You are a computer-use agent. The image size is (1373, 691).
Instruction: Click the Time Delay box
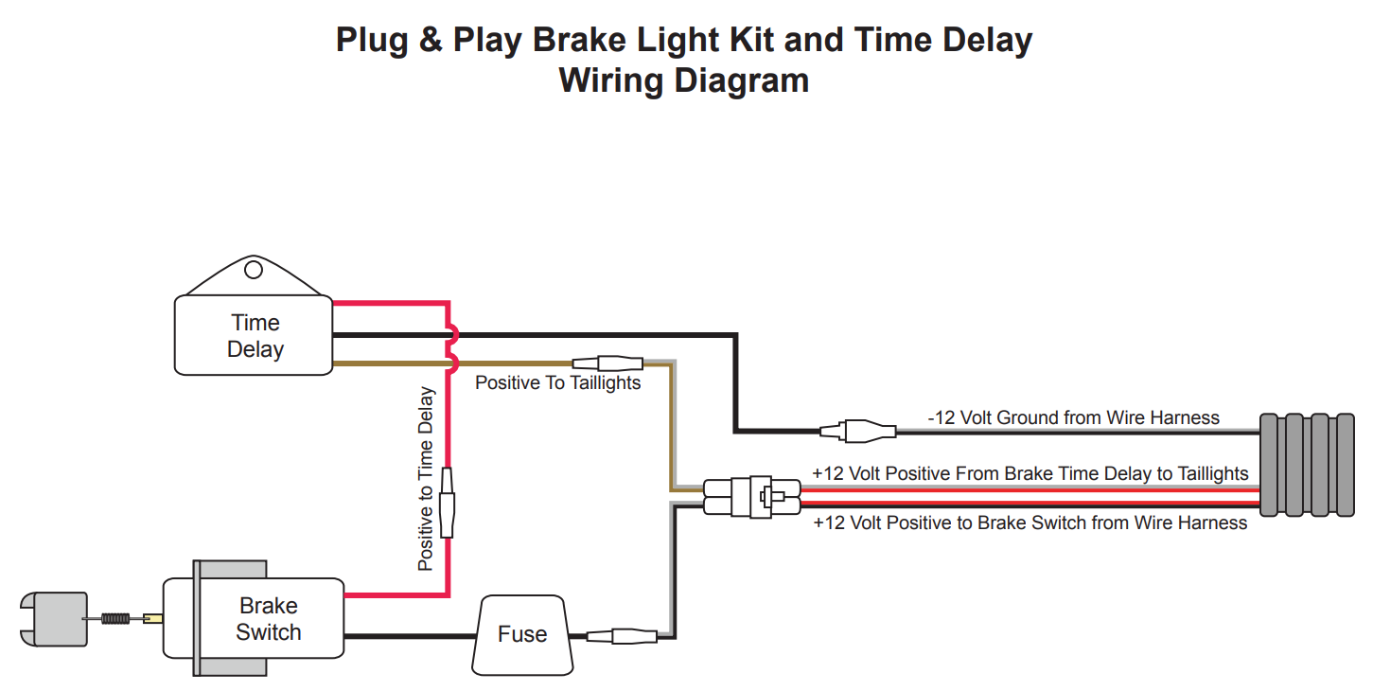[x=254, y=336]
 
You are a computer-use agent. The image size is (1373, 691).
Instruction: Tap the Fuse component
[x=522, y=634]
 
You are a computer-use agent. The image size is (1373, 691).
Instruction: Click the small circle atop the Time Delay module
[x=253, y=271]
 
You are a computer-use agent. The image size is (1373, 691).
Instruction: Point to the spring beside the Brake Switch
[x=114, y=619]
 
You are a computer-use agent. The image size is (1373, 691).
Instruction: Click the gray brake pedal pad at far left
[x=54, y=619]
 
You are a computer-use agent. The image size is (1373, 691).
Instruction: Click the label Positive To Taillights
[x=557, y=383]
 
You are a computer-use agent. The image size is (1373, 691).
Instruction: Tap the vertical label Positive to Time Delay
[x=426, y=478]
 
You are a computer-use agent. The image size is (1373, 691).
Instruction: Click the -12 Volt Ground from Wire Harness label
[x=1073, y=417]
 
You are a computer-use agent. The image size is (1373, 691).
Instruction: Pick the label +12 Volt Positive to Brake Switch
[x=1030, y=523]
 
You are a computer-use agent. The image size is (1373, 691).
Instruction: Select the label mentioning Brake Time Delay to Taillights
[x=1030, y=473]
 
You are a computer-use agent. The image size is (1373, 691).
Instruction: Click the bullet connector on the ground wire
[x=858, y=432]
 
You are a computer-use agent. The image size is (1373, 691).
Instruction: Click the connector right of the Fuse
[x=622, y=636]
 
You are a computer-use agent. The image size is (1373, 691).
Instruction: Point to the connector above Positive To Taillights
[x=607, y=363]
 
